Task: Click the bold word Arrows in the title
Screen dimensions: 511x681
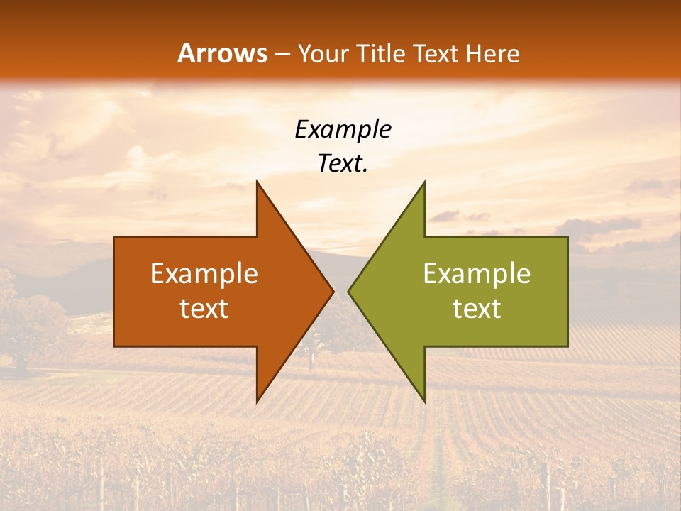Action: click(222, 54)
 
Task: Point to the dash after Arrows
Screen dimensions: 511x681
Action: click(282, 55)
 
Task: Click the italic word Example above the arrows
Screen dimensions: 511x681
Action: click(343, 130)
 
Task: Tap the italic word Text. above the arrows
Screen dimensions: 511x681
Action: click(343, 163)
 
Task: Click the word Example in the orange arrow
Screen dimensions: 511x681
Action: click(204, 274)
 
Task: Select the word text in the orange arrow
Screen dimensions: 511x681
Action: click(204, 309)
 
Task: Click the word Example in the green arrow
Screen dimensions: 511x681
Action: click(477, 274)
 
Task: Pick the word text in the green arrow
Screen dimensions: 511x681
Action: click(477, 309)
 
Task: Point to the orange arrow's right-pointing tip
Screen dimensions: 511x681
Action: click(332, 291)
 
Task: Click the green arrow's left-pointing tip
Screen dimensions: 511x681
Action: click(349, 291)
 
